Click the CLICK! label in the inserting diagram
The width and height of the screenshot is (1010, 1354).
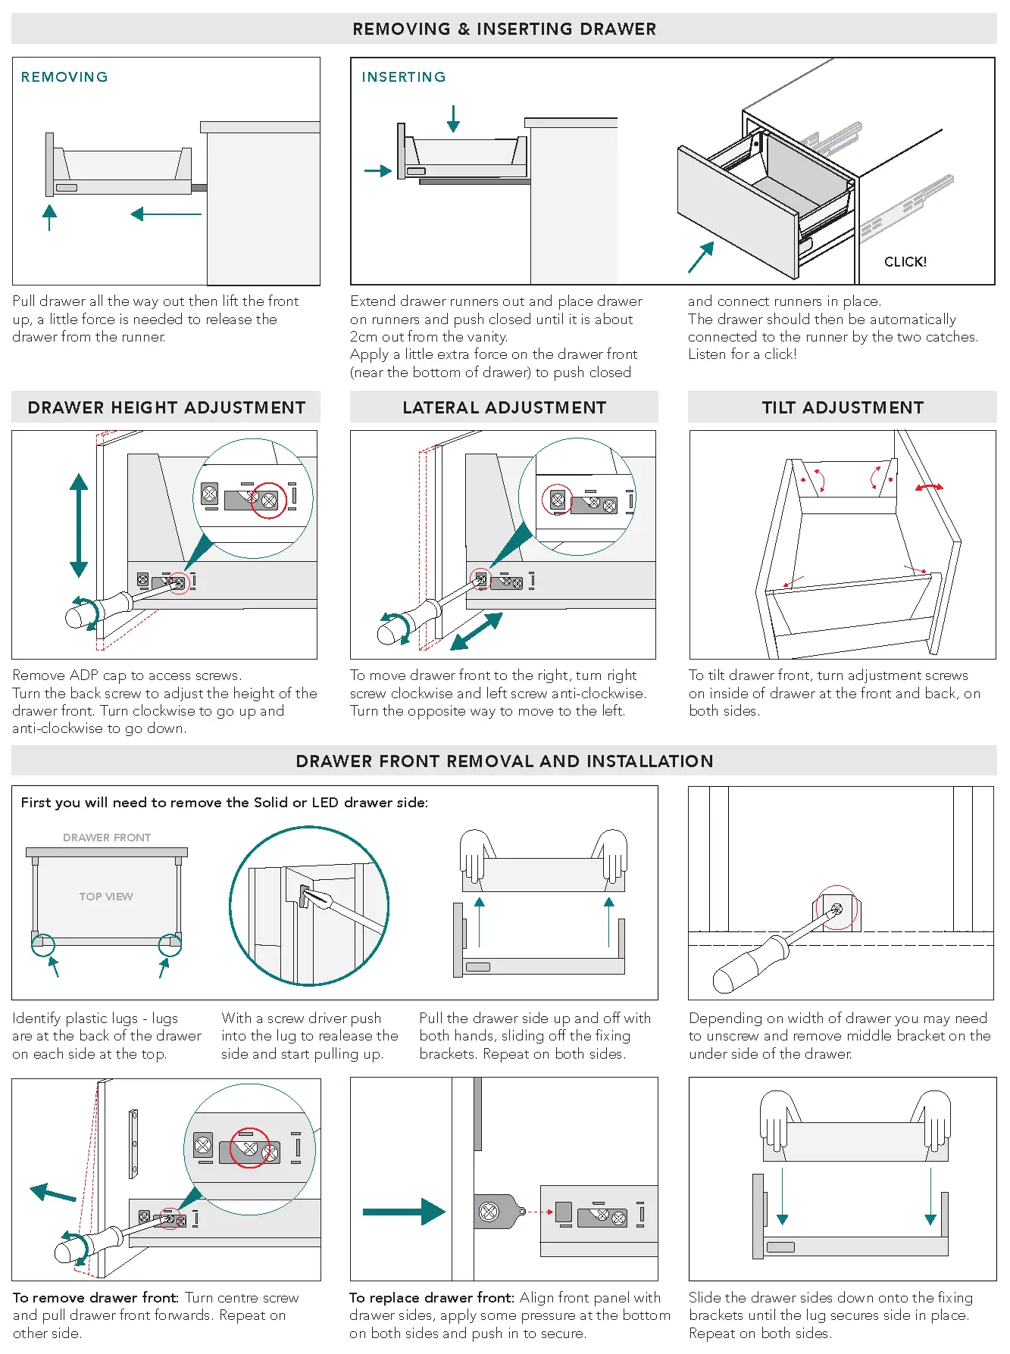click(x=905, y=262)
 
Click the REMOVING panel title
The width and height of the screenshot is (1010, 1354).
click(x=64, y=77)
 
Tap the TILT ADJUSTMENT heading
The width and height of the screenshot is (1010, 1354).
click(x=843, y=408)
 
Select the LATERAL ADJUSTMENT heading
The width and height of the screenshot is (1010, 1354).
click(x=504, y=408)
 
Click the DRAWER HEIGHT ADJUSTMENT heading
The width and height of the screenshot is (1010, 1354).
click(x=167, y=408)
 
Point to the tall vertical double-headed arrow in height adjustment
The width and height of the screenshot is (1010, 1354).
click(x=79, y=526)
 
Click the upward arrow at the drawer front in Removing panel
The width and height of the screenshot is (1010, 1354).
click(x=50, y=217)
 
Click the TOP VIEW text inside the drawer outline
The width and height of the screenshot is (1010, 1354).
click(x=106, y=897)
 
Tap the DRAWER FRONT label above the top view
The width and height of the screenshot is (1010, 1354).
click(x=107, y=838)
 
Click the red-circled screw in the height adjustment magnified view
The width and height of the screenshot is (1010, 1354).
click(x=268, y=500)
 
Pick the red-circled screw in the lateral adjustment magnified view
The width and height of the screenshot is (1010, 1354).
click(x=558, y=500)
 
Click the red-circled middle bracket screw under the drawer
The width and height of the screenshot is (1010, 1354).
click(x=836, y=908)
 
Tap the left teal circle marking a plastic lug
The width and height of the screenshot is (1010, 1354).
click(x=43, y=945)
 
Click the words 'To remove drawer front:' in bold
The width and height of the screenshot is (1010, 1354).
click(x=95, y=1298)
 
